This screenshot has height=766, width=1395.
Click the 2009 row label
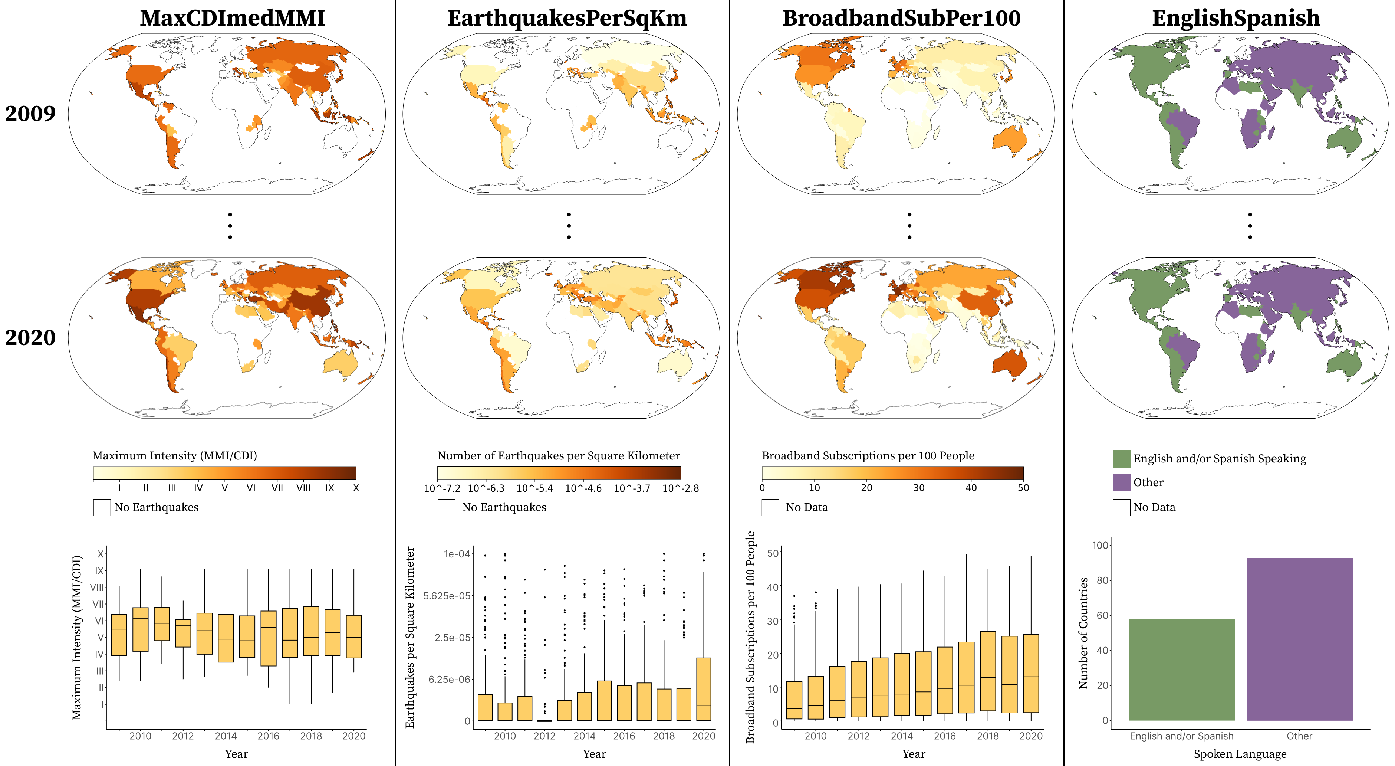click(x=30, y=113)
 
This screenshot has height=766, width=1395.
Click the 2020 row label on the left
click(x=30, y=337)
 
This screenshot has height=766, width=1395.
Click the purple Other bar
click(x=1299, y=639)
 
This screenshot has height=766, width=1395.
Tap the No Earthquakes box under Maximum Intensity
click(x=102, y=507)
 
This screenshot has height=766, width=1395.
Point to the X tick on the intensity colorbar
click(x=356, y=488)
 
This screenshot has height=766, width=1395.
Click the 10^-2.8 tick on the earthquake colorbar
click(x=680, y=488)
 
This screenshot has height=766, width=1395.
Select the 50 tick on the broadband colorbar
click(x=1023, y=488)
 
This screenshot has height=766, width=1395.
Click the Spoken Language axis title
click(x=1240, y=753)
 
